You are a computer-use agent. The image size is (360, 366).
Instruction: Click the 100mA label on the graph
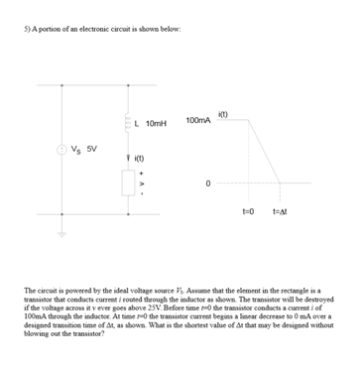(x=197, y=120)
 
